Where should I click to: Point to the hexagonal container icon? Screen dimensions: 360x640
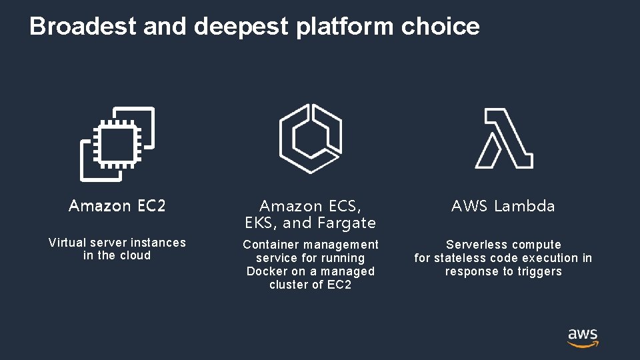tap(310, 138)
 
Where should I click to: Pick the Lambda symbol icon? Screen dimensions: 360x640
tap(503, 139)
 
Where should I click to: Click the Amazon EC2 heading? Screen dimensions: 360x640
tap(117, 206)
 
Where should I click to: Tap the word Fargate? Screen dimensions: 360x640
tap(347, 223)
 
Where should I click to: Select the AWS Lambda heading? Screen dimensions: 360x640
tap(503, 207)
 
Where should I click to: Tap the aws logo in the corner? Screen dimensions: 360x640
tap(583, 337)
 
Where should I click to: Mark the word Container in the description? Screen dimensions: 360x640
tap(270, 245)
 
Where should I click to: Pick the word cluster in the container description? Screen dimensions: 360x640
tap(289, 285)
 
